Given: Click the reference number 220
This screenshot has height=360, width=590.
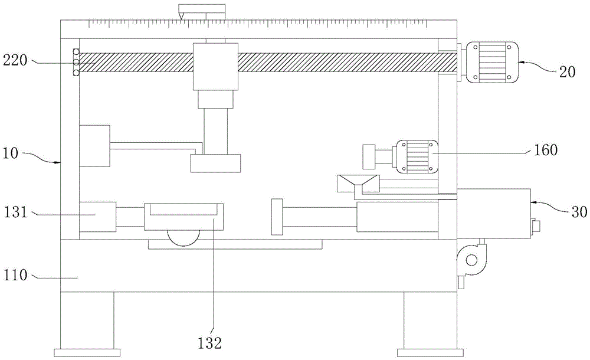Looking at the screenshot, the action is (x=15, y=60).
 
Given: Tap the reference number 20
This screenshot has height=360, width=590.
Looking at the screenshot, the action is (x=567, y=71).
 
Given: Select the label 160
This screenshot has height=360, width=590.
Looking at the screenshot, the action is (x=546, y=150).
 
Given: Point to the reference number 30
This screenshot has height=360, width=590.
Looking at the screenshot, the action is (x=579, y=212).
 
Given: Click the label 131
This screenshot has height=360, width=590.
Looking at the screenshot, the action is (x=16, y=212).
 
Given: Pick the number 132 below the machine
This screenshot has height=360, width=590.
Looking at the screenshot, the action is (x=209, y=343).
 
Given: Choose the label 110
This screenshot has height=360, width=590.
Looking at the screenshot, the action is (x=16, y=275).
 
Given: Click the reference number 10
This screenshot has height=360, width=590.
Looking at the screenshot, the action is (x=11, y=153).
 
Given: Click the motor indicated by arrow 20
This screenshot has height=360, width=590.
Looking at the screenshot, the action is (x=492, y=63).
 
